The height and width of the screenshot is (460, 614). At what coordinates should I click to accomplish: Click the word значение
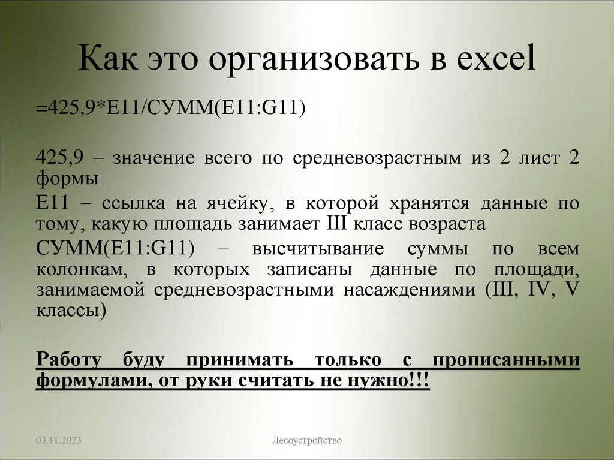point(153,159)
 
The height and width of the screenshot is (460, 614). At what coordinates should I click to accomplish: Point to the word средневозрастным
point(378,159)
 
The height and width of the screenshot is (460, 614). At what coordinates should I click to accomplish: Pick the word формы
point(68,178)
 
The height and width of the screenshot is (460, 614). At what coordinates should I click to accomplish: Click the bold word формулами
point(84,381)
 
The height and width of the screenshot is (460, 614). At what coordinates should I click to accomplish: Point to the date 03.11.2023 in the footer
point(58,441)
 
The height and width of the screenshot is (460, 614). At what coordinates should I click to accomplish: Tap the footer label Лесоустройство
point(307,441)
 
